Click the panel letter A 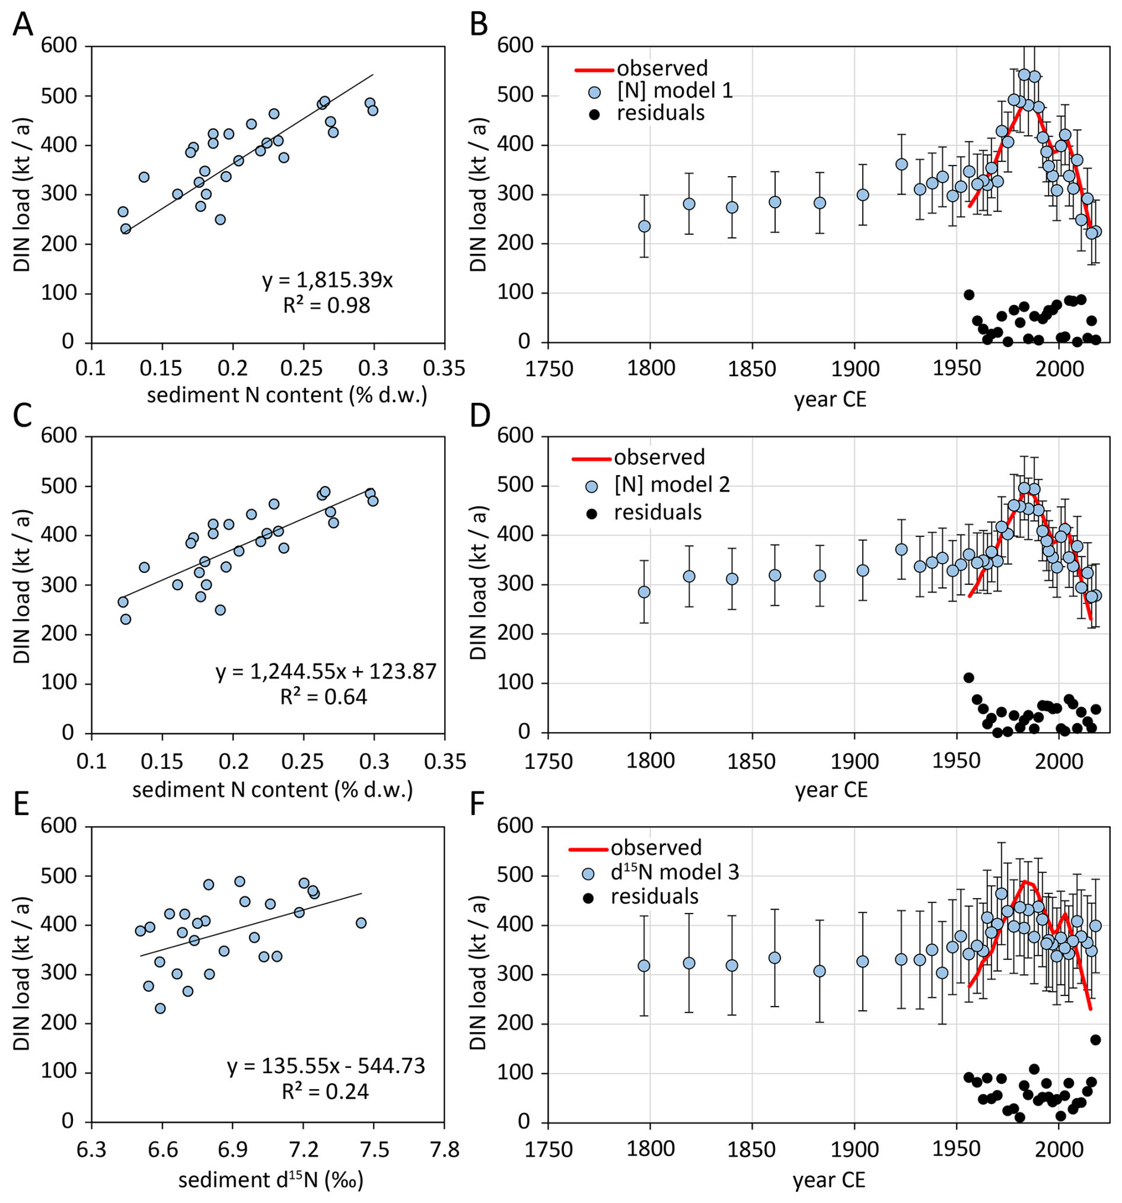coord(23,26)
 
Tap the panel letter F coord(477,806)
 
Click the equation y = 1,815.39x coord(327,280)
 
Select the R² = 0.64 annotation coord(324,697)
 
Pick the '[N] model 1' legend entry coord(674,91)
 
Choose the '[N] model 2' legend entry coord(672,484)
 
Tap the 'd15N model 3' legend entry coord(674,872)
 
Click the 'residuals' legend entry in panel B coord(661,113)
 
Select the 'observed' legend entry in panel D coord(659,457)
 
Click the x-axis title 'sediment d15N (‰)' coord(270,1179)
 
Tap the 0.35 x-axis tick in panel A coord(445,368)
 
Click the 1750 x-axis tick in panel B coord(548,368)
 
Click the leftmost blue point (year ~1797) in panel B coord(644,227)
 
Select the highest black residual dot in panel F coord(1095,1040)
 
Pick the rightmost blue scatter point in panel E coord(361,923)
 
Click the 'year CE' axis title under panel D coord(830,790)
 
